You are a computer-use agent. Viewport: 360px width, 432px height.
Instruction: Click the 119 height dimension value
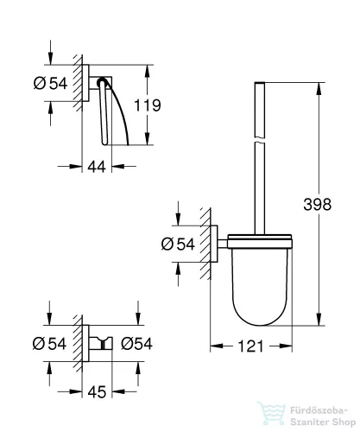coord(174,105)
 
